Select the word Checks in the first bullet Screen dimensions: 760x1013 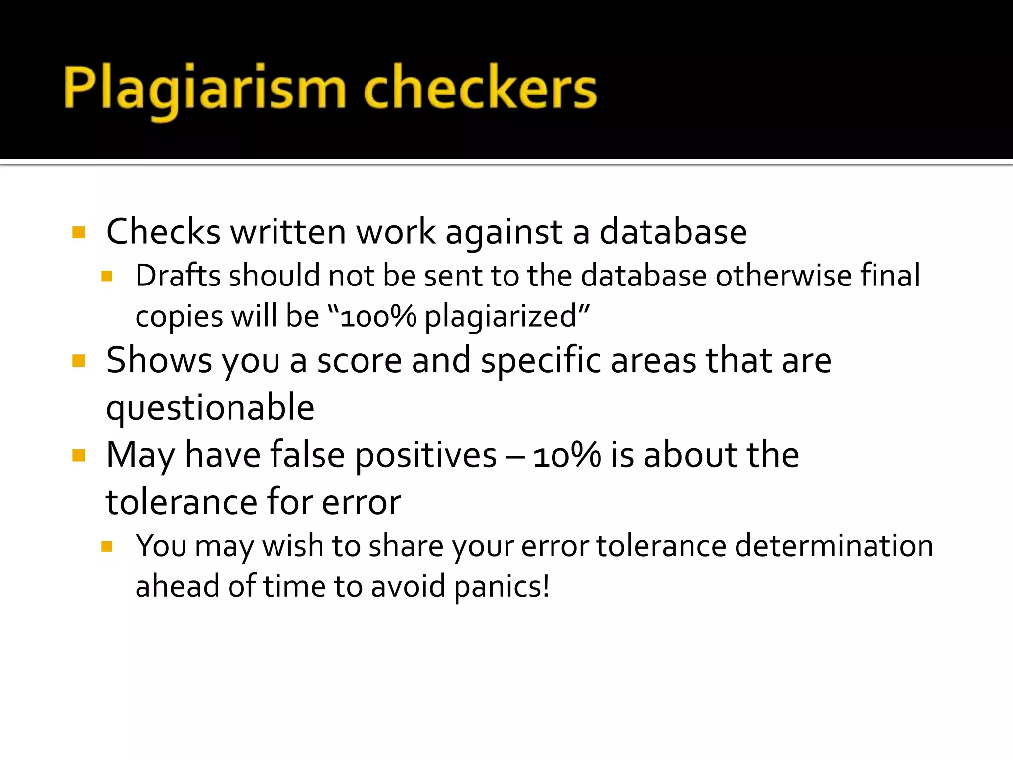tap(163, 232)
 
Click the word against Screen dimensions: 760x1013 tap(504, 232)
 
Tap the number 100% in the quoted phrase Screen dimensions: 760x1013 tap(378, 317)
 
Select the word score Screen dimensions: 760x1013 tap(359, 360)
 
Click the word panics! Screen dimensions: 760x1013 tap(502, 587)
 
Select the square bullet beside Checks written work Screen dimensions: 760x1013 tap(79, 232)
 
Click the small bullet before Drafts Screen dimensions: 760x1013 tap(107, 276)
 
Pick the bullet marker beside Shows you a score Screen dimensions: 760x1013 tap(79, 360)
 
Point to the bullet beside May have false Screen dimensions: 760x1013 tap(79, 455)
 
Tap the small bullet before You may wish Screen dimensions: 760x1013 tap(107, 546)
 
